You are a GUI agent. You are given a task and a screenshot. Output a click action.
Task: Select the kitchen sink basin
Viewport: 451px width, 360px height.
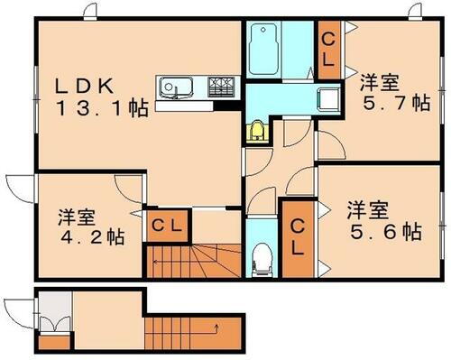point(171,88)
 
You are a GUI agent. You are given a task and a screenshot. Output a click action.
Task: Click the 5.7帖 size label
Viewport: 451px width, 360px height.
point(394,103)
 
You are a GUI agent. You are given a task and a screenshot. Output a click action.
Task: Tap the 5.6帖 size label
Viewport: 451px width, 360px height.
point(385,232)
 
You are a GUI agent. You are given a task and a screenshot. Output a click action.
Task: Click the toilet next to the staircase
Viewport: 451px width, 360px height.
point(262,255)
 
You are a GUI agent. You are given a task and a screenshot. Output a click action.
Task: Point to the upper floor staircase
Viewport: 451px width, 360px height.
point(194,262)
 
